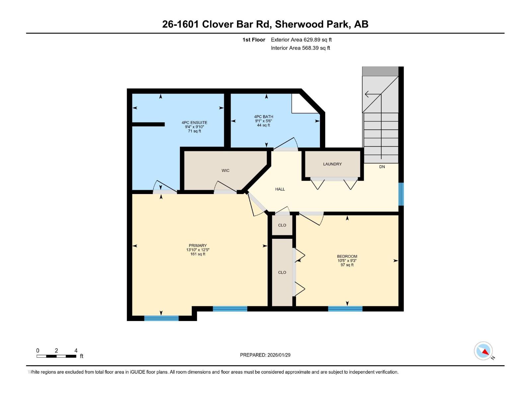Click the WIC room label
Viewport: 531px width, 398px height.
coord(225,170)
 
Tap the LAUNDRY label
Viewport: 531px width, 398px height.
coord(332,164)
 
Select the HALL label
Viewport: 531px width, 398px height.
coord(280,189)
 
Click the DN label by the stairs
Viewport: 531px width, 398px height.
coord(382,167)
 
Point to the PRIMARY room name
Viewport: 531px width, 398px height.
coord(198,246)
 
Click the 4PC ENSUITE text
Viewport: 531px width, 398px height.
coord(194,123)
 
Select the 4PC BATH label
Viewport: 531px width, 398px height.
coord(264,117)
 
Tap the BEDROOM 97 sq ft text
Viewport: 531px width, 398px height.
coord(347,265)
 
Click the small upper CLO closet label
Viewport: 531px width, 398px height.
coord(282,225)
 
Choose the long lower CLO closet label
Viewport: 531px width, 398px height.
coord(282,272)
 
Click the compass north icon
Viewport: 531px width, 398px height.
coord(484,351)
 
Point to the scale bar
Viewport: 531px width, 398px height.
coord(56,356)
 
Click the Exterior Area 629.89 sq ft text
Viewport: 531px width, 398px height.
coord(301,40)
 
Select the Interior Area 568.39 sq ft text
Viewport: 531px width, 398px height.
coord(300,48)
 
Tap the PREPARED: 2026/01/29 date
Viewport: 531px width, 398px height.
coord(265,355)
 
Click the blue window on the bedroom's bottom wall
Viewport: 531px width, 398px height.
coord(345,309)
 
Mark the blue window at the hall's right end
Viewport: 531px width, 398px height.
coord(401,194)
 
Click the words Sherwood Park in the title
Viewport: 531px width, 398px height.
coord(312,24)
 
